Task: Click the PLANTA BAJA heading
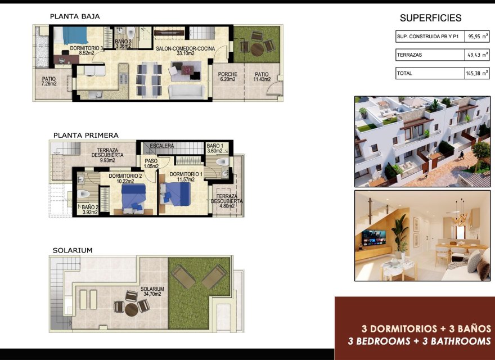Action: pos(75,16)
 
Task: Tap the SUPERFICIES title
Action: pos(430,18)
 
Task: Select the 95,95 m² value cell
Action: pos(478,37)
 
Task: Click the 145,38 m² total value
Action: pos(478,73)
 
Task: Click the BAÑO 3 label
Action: pos(123,42)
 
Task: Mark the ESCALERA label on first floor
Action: pos(161,146)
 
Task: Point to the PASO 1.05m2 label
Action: pos(150,164)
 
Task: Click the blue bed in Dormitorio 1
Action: pos(177,193)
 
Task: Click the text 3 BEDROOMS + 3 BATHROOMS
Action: pos(419,341)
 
